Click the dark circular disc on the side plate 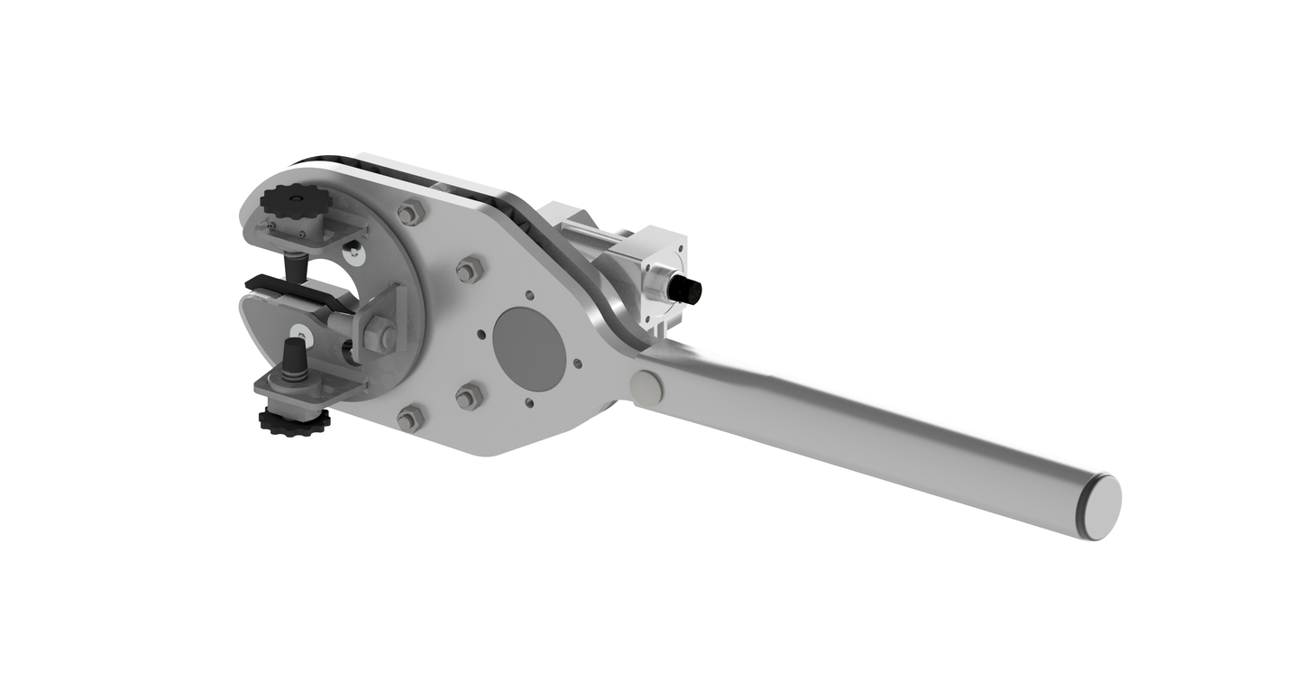click(529, 348)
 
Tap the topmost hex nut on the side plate click(410, 214)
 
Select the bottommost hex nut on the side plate click(410, 418)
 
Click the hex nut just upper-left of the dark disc click(469, 269)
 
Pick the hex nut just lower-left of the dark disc click(468, 396)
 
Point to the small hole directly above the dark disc click(532, 295)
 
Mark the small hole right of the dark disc click(578, 365)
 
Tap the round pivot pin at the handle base click(646, 389)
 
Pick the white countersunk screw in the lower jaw click(299, 334)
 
